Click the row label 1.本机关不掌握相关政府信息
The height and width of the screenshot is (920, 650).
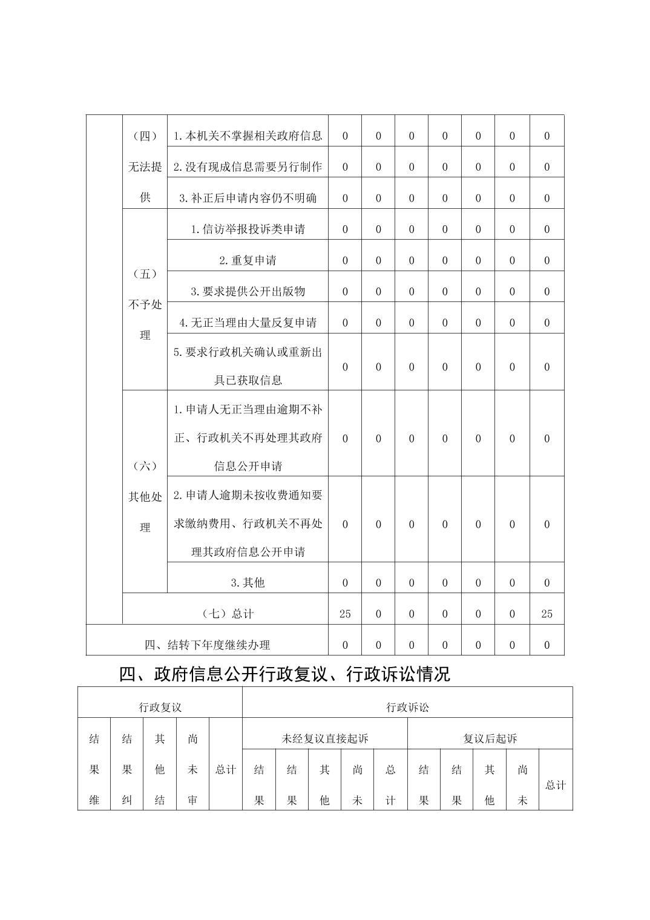[248, 136]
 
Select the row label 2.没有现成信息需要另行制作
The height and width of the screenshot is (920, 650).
[248, 166]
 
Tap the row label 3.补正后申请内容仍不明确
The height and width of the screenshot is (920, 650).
[248, 198]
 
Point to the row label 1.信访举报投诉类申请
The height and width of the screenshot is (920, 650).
[248, 229]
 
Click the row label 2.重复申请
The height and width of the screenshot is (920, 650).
[248, 260]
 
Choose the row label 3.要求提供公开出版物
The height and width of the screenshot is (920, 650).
[248, 291]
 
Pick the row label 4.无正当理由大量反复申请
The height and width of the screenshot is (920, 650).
[248, 323]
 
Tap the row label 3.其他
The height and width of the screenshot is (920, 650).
[248, 582]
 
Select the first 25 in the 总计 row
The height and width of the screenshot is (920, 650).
[345, 614]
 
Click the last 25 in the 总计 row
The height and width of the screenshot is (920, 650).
[547, 614]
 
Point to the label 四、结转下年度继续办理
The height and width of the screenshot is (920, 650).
[207, 645]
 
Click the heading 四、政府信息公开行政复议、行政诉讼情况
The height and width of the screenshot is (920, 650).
[284, 674]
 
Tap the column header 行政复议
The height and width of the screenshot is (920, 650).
[160, 707]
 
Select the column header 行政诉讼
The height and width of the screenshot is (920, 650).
[407, 707]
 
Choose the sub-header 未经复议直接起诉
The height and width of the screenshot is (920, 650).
[325, 738]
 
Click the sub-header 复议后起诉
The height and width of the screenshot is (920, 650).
[490, 738]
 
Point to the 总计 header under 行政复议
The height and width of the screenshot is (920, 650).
[226, 770]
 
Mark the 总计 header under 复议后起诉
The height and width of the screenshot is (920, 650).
[555, 785]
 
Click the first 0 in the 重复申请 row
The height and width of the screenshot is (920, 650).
[345, 260]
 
